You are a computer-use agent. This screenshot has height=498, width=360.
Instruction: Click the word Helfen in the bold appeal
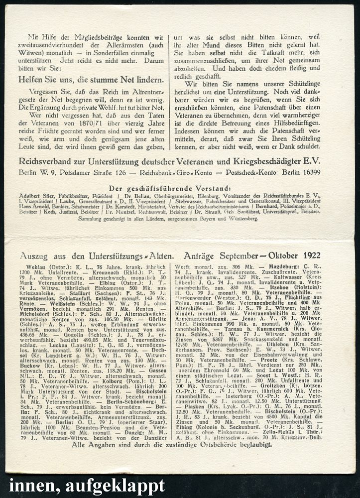point(34,79)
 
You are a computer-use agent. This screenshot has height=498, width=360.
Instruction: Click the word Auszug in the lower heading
point(34,256)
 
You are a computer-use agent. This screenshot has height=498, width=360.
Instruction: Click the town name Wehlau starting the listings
point(30,268)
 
